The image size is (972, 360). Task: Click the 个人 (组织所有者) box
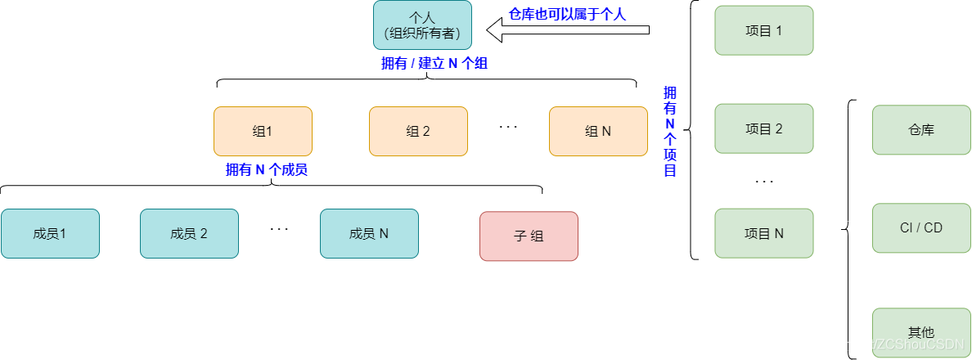pyautogui.click(x=422, y=25)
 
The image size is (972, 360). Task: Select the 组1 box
pyautogui.click(x=263, y=131)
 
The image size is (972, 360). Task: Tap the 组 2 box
pyautogui.click(x=418, y=131)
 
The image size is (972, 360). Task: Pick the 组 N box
pyautogui.click(x=598, y=131)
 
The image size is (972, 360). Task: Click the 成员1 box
pyautogui.click(x=50, y=233)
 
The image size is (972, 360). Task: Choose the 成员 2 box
pyautogui.click(x=189, y=233)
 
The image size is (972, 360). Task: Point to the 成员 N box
pyautogui.click(x=369, y=233)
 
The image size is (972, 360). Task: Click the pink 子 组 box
pyautogui.click(x=529, y=236)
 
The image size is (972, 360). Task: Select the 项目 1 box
pyautogui.click(x=764, y=30)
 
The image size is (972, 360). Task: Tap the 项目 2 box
pyautogui.click(x=764, y=128)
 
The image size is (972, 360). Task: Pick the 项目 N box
pyautogui.click(x=764, y=233)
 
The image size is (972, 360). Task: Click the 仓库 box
pyautogui.click(x=921, y=129)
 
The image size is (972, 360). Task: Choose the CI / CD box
pyautogui.click(x=921, y=227)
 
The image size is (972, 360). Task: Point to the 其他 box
pyautogui.click(x=921, y=332)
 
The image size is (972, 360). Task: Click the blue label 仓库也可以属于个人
pyautogui.click(x=567, y=14)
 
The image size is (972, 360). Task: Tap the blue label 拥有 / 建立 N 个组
pyautogui.click(x=434, y=63)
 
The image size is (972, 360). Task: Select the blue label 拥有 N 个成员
pyautogui.click(x=267, y=170)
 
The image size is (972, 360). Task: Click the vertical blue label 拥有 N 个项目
pyautogui.click(x=670, y=131)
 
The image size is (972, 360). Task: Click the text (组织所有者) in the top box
pyautogui.click(x=422, y=34)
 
